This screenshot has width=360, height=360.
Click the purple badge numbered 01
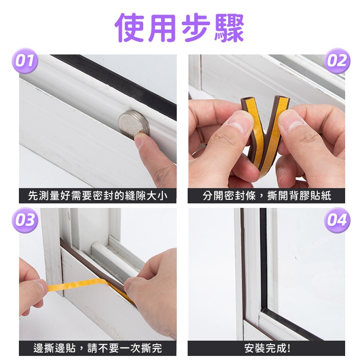tap(25, 61)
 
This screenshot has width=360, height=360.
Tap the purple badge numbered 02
tap(337, 61)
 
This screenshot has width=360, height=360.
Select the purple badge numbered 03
tap(25, 220)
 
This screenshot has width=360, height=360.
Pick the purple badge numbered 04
tap(337, 220)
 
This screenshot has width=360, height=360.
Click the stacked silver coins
tap(134, 124)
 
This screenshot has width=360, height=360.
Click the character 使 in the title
tap(129, 27)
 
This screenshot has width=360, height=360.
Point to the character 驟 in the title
tap(229, 27)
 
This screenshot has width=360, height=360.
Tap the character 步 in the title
tap(196, 27)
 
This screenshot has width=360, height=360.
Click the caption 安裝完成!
tap(267, 348)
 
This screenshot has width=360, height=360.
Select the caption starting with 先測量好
tap(98, 196)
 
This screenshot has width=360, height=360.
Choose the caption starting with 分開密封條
tap(267, 196)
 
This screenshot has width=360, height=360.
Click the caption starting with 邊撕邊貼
tap(98, 348)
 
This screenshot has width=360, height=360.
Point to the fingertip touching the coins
tap(140, 140)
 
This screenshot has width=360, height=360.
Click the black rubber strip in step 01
tap(115, 85)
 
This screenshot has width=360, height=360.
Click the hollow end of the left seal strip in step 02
tap(247, 99)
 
